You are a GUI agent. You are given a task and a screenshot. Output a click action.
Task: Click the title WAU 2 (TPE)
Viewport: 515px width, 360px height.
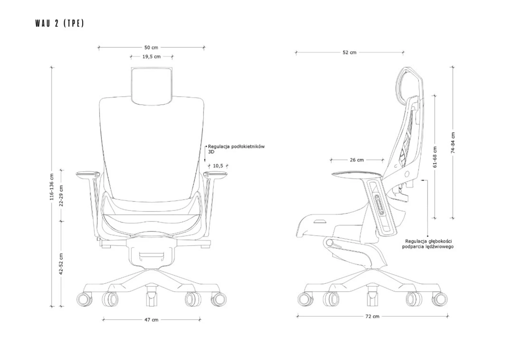pyautogui.click(x=60, y=23)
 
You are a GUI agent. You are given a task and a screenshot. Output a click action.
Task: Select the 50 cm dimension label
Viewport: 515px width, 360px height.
pyautogui.click(x=151, y=48)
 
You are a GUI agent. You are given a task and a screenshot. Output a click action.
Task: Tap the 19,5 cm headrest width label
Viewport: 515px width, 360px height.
pyautogui.click(x=152, y=57)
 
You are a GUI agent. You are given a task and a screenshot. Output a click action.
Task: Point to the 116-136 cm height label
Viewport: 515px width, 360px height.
pyautogui.click(x=52, y=187)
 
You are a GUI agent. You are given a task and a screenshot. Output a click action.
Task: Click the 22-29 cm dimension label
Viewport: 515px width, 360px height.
pyautogui.click(x=61, y=196)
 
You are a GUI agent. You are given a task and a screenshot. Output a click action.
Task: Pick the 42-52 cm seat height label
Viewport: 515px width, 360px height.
pyautogui.click(x=61, y=264)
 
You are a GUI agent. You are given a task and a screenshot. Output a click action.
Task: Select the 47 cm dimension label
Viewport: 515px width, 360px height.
pyautogui.click(x=151, y=320)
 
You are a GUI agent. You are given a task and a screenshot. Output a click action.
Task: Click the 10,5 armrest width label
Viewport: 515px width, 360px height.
pyautogui.click(x=218, y=166)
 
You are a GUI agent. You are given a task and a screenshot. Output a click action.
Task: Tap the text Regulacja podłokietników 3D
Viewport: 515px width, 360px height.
pyautogui.click(x=236, y=149)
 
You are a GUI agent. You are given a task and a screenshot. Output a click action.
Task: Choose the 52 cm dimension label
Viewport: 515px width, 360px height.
pyautogui.click(x=350, y=52)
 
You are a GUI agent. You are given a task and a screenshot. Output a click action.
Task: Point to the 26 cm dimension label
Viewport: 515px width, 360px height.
pyautogui.click(x=357, y=160)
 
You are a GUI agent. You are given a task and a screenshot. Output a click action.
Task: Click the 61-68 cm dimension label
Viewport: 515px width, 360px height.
pyautogui.click(x=435, y=157)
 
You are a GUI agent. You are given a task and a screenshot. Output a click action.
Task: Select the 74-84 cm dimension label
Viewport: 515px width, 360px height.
pyautogui.click(x=453, y=143)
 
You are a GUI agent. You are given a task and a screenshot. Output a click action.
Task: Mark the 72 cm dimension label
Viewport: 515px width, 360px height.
pyautogui.click(x=372, y=316)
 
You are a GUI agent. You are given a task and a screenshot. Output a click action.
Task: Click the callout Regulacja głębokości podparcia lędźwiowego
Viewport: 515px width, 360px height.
pyautogui.click(x=428, y=244)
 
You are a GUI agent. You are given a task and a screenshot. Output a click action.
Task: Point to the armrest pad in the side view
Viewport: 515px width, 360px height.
pyautogui.click(x=358, y=174)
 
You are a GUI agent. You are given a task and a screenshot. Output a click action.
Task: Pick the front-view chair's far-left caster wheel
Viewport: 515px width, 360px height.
pyautogui.click(x=84, y=299)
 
